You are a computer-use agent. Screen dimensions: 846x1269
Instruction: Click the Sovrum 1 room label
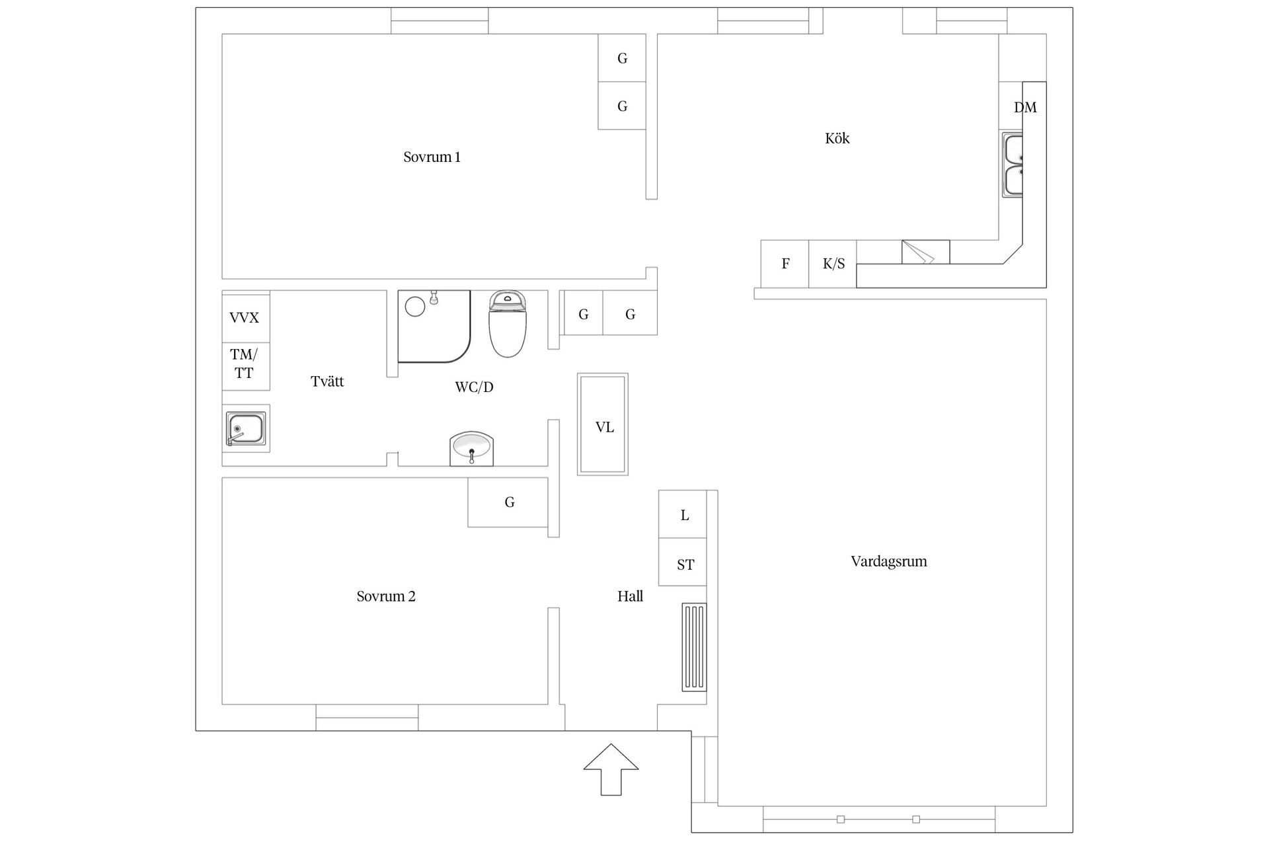coord(432,157)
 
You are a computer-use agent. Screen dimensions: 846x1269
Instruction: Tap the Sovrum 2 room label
coord(386,596)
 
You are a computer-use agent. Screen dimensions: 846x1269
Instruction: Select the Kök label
coord(837,139)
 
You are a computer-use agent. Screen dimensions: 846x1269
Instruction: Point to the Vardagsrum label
coord(888,562)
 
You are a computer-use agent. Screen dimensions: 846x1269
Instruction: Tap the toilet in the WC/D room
coord(507,324)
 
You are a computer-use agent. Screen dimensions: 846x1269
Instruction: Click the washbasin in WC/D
coord(471,449)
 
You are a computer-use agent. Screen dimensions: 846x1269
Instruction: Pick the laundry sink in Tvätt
coord(245,428)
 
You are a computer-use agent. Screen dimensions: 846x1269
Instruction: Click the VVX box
coord(245,318)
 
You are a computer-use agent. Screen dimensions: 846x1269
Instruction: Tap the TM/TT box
coord(245,364)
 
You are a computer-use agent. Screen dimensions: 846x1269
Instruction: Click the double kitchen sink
coord(1012,165)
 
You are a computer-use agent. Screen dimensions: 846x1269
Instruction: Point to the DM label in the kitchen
coord(1025,107)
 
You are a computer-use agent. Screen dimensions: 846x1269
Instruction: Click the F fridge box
coord(785,264)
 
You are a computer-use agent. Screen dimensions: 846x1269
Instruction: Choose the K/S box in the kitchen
coord(833,264)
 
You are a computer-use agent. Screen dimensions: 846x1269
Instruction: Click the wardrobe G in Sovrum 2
coord(508,502)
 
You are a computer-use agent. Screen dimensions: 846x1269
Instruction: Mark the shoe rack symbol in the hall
coord(694,647)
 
